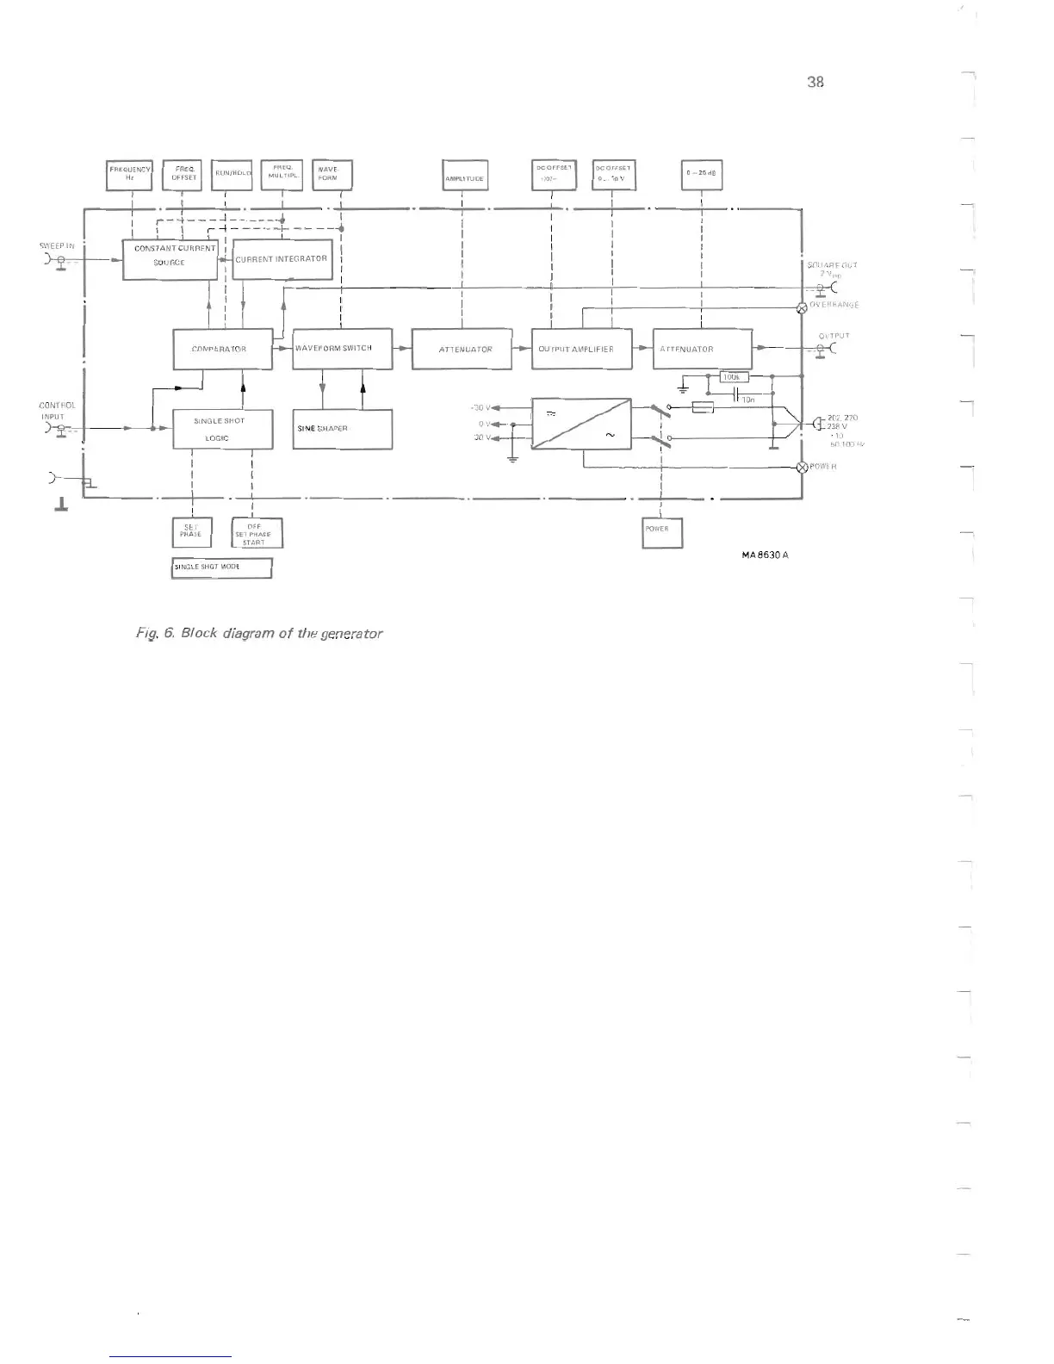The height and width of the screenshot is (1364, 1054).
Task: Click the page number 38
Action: [815, 82]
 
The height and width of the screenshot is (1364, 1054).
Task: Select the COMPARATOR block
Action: [222, 349]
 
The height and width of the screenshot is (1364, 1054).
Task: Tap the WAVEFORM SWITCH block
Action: [342, 349]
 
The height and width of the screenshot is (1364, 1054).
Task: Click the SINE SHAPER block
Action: [342, 428]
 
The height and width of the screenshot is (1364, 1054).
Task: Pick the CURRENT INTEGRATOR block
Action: [282, 259]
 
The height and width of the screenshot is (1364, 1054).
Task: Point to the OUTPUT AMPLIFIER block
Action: [581, 349]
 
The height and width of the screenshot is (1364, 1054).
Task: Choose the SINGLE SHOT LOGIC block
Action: [222, 429]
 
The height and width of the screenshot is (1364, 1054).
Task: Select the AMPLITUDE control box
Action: [464, 176]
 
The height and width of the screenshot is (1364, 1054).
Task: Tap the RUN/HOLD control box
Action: [231, 175]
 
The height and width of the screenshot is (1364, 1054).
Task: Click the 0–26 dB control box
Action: [702, 175]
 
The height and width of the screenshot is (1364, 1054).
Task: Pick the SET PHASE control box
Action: [190, 531]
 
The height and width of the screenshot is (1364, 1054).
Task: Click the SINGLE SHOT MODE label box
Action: [221, 568]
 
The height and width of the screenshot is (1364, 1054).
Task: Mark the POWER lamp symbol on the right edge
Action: [803, 467]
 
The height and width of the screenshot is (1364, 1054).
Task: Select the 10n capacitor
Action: [735, 394]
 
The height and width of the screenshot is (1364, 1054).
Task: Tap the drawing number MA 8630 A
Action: [765, 555]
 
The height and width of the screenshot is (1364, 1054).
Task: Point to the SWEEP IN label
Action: [57, 246]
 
